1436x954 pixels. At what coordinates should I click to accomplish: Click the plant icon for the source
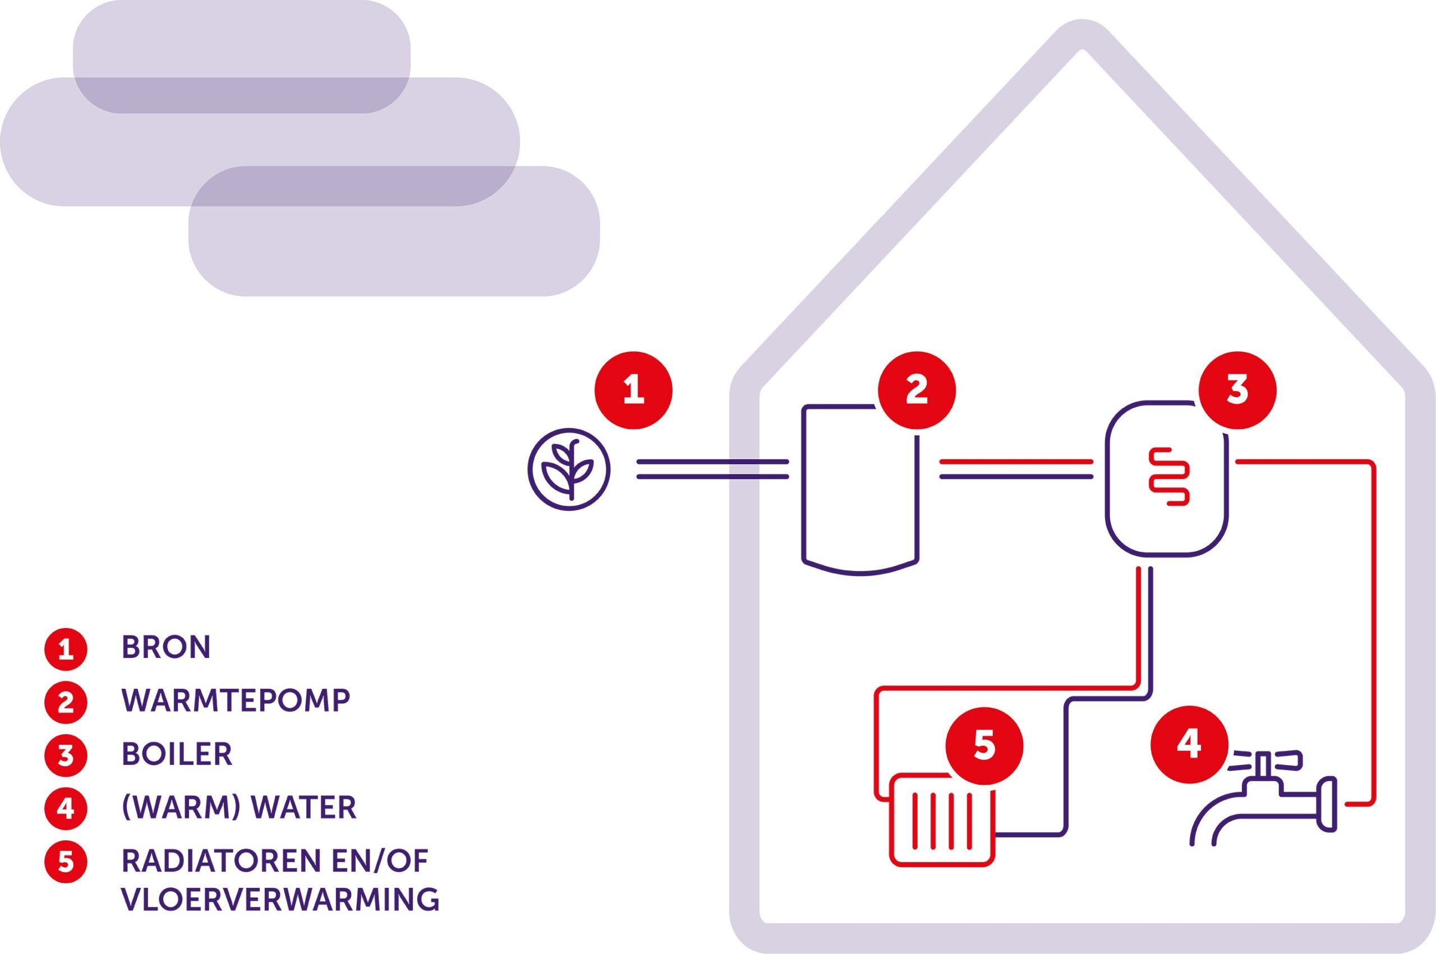(x=568, y=469)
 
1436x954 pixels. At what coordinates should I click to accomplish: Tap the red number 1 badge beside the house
(x=633, y=390)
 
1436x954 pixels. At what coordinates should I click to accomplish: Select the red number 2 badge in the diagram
(x=917, y=390)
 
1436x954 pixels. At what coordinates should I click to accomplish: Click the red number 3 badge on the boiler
(x=1237, y=390)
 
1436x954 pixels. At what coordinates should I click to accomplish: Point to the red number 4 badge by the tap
(x=1190, y=745)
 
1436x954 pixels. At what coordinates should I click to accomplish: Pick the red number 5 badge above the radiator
(x=984, y=745)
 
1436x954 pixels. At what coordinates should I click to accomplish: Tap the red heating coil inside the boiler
(x=1168, y=476)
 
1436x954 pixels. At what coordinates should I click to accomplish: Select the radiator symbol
(x=942, y=819)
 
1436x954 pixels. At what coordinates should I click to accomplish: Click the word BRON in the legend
(x=166, y=647)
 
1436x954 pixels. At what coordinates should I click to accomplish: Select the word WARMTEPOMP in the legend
(x=236, y=701)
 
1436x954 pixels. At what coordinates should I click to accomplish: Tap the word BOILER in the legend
(x=177, y=754)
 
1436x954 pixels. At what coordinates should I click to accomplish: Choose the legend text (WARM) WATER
(x=239, y=808)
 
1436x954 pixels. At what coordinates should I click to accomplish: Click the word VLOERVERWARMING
(x=280, y=900)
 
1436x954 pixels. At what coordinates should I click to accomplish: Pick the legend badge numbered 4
(x=66, y=809)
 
